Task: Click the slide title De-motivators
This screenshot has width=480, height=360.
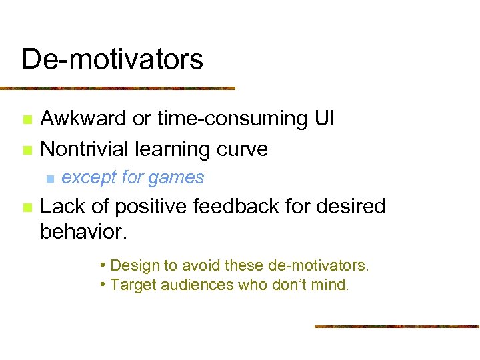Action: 112,59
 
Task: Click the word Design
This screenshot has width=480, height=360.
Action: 131,265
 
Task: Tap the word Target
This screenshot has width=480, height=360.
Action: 131,285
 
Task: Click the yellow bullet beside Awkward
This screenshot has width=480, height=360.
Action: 27,120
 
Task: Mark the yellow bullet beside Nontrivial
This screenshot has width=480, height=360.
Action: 27,150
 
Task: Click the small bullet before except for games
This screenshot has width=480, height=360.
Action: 49,179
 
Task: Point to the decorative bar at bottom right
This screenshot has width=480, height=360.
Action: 396,326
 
